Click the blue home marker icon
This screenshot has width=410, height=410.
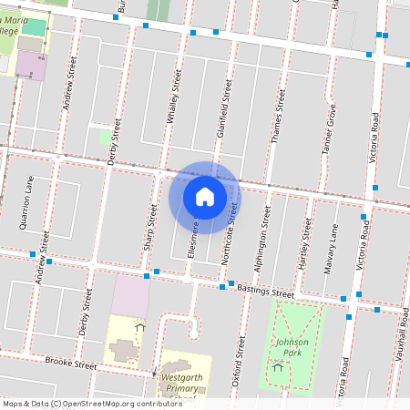(x=204, y=196)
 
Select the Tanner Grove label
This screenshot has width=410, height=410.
(x=330, y=128)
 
